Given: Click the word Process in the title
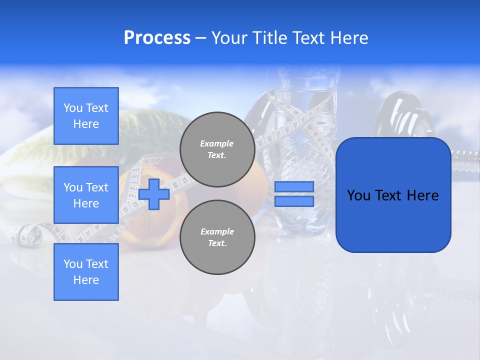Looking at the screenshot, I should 157,38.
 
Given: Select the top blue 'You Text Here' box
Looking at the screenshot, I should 86,116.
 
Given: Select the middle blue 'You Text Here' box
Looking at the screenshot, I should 86,195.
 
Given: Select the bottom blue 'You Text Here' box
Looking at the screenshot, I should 86,272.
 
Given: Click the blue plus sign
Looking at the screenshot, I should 154,194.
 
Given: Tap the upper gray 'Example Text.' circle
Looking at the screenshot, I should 217,149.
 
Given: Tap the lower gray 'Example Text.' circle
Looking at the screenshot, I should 217,237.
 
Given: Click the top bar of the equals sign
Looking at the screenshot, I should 294,186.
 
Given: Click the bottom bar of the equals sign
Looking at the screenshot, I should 294,201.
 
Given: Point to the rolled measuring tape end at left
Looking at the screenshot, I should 27,235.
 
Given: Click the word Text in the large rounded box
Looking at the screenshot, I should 389,195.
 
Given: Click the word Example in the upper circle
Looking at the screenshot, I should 216,143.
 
